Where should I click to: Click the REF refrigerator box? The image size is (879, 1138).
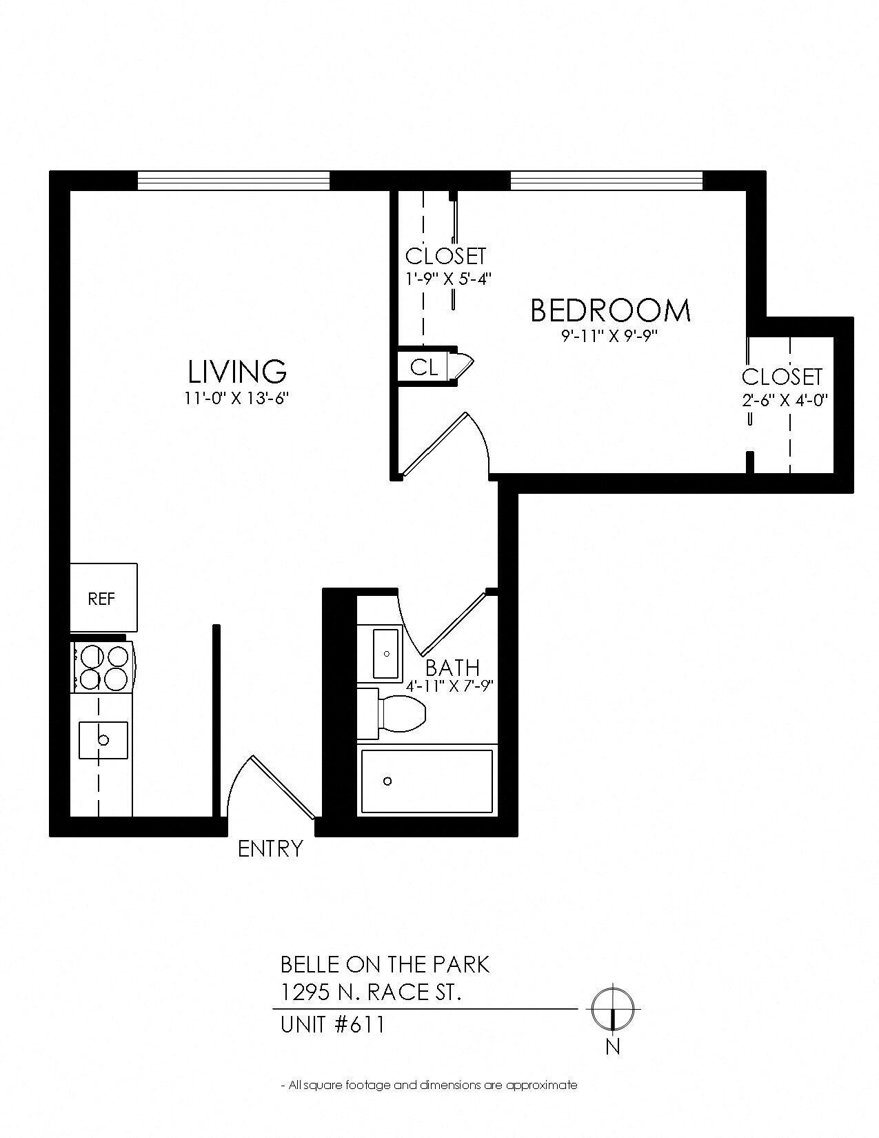[x=103, y=597]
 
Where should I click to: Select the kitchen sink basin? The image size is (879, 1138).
[x=103, y=740]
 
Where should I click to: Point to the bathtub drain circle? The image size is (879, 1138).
[x=387, y=781]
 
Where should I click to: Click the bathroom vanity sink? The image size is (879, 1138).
[x=385, y=653]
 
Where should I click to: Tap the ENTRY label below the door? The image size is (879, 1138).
[x=270, y=848]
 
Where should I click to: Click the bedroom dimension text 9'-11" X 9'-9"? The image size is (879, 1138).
[x=610, y=337]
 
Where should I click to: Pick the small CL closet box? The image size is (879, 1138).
[x=423, y=367]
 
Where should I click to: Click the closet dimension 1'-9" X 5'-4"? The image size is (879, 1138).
[x=447, y=279]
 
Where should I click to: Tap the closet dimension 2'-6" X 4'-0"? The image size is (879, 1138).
[x=785, y=399]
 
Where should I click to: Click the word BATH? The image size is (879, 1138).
[x=452, y=667]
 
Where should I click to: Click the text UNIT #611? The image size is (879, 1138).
[x=332, y=1025]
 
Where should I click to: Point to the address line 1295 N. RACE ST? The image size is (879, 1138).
[x=371, y=992]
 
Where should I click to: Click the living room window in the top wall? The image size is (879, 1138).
[x=234, y=180]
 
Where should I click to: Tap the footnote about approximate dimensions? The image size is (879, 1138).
[x=429, y=1085]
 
